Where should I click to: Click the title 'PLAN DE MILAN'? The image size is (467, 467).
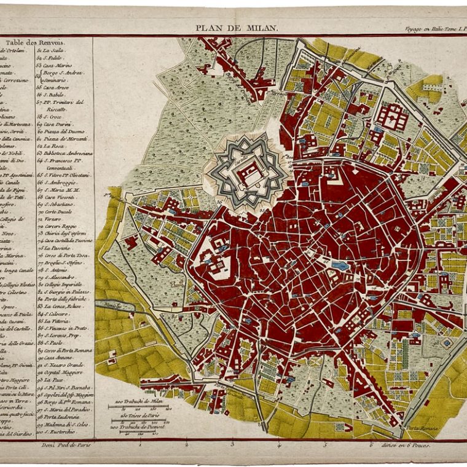pyautogui.click(x=237, y=28)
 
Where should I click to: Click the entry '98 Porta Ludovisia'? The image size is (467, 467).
pyautogui.click(x=65, y=417)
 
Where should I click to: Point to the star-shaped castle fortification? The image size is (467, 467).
pyautogui.click(x=246, y=171)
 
